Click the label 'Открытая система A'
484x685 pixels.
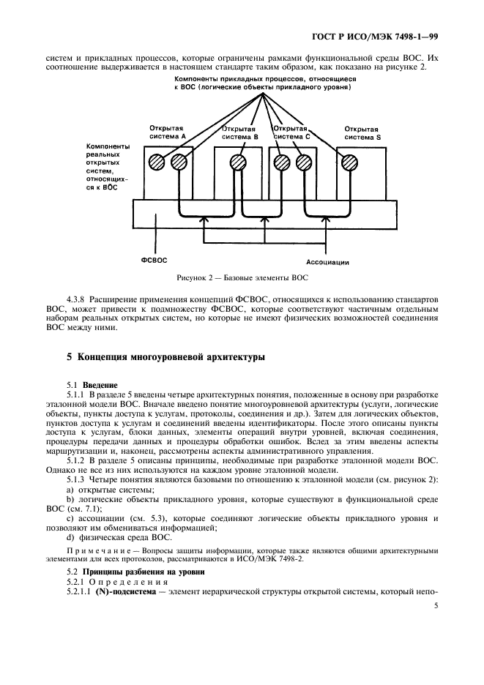[x=168, y=132]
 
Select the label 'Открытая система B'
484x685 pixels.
[x=240, y=132]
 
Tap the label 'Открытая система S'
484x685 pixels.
[x=362, y=132]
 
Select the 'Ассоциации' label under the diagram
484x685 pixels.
[x=327, y=261]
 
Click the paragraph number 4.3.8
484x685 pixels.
[x=76, y=301]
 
